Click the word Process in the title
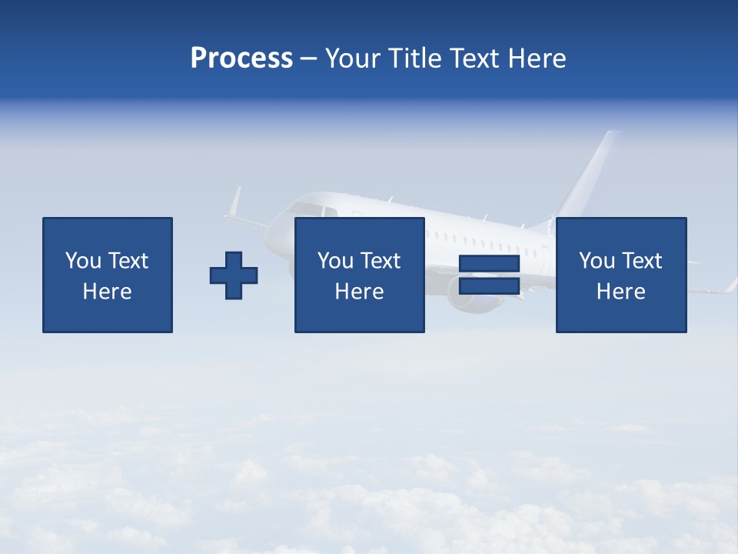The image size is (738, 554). (241, 58)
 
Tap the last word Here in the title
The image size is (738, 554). (537, 58)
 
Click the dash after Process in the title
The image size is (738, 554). (308, 59)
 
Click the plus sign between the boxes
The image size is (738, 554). (234, 275)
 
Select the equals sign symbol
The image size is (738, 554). (489, 275)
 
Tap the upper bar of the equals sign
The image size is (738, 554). (489, 264)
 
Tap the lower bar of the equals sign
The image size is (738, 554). (489, 286)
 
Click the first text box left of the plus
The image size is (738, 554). (108, 275)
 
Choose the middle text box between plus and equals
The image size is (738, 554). (359, 275)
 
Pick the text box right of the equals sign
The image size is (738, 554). (621, 275)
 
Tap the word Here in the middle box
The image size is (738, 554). (359, 292)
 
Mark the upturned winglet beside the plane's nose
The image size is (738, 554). (234, 203)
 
